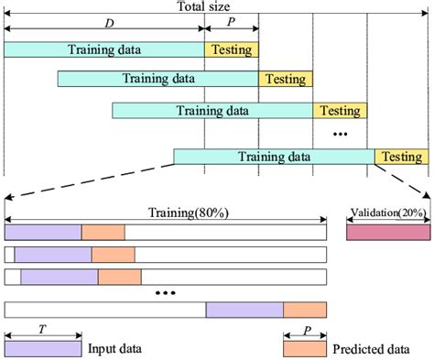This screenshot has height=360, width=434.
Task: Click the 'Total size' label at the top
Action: click(x=203, y=6)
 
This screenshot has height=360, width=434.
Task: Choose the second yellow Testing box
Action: click(x=285, y=80)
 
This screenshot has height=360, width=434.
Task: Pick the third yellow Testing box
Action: click(x=340, y=111)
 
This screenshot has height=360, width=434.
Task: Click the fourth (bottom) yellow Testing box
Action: click(x=401, y=157)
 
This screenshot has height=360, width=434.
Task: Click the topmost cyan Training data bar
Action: click(x=103, y=49)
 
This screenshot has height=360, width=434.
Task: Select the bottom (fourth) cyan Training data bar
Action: click(x=274, y=157)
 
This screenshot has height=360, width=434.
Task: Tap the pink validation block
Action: click(x=386, y=233)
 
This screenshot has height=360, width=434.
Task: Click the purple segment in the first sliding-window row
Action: click(x=43, y=233)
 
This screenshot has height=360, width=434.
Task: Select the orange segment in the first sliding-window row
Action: click(x=103, y=233)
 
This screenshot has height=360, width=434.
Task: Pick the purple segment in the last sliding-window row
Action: click(x=244, y=310)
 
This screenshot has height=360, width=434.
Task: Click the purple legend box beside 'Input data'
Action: click(x=42, y=349)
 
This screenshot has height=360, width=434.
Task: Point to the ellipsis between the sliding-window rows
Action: click(x=165, y=293)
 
